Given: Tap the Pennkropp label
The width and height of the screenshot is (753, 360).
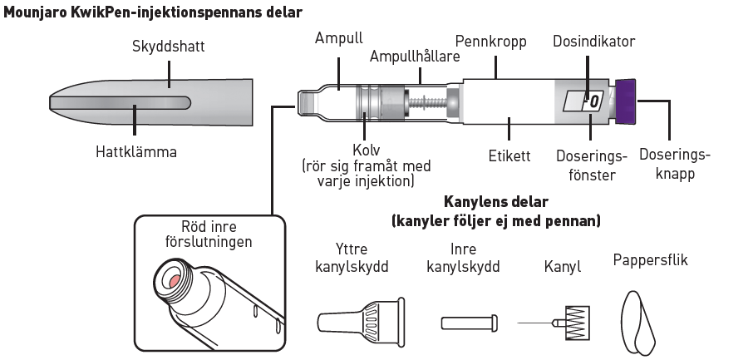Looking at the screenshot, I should tap(490, 41).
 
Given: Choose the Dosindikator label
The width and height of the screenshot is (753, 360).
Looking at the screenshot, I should tap(595, 41).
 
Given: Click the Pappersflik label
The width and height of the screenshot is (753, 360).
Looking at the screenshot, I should tap(650, 260).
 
